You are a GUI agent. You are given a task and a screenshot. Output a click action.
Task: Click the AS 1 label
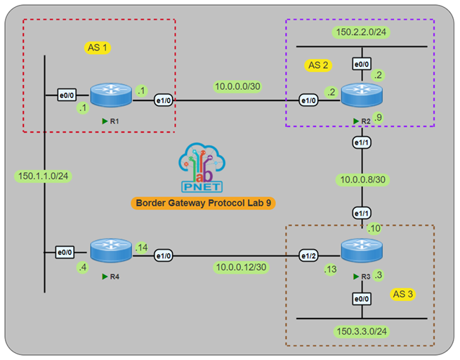[x=98, y=48]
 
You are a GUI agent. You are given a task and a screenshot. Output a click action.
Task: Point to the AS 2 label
[x=320, y=65]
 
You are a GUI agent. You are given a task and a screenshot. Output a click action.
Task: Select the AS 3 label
[x=404, y=293]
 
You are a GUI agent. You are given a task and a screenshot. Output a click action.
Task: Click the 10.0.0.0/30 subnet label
[x=237, y=86]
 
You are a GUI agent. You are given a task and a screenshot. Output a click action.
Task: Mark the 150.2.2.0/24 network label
[x=361, y=32]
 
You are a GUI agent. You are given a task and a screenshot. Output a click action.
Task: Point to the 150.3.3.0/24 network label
[x=361, y=331]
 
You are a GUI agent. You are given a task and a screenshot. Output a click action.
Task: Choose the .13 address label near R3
[x=329, y=269]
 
